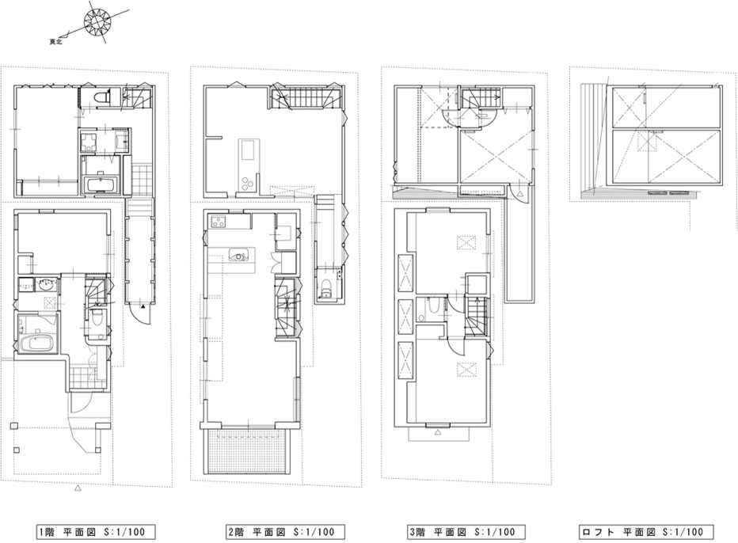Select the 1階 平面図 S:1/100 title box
point(96,532)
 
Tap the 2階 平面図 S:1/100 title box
point(285,532)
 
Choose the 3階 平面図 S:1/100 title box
point(466,532)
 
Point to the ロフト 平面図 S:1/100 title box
point(646,532)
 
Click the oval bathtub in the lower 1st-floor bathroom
point(38,343)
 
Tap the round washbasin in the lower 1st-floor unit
point(46,285)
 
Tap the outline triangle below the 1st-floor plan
point(78,489)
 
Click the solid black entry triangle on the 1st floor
point(143,306)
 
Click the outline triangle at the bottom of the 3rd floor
point(437,431)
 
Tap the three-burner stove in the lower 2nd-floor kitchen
point(219,222)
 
